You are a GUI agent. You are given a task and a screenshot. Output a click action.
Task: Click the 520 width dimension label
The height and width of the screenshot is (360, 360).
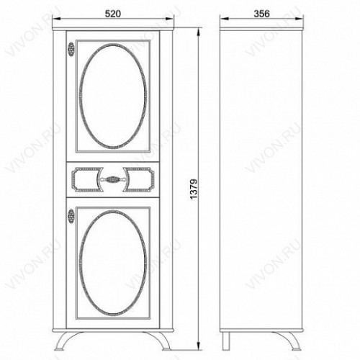[113, 14]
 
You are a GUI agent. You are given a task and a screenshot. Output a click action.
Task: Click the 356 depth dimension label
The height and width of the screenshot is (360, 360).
[261, 14]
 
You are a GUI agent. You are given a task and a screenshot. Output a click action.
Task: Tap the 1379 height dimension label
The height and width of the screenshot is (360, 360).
[194, 189]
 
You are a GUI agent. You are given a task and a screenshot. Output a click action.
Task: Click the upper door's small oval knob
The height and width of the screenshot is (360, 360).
[71, 49]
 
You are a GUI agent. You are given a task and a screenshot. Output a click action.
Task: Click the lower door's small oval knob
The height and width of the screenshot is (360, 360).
[71, 216]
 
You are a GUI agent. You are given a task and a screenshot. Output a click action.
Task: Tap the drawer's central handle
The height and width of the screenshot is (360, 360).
[113, 179]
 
